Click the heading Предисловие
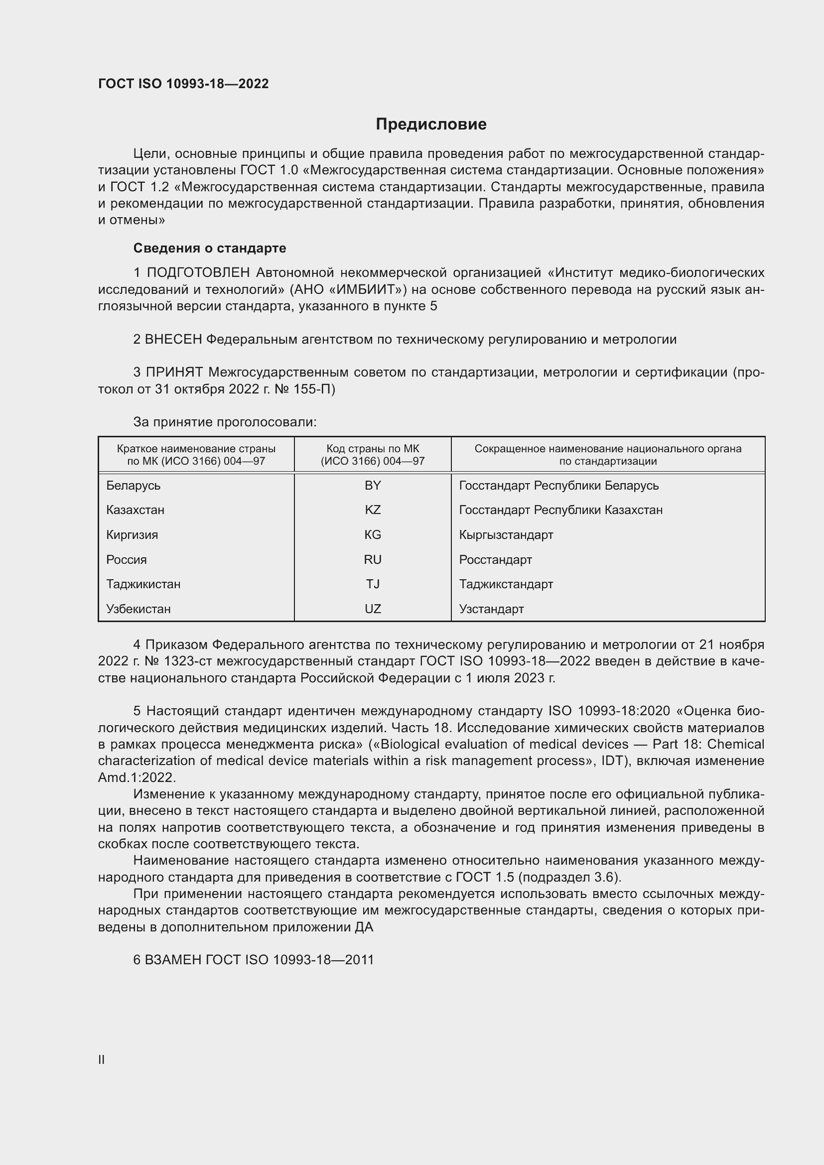(431, 125)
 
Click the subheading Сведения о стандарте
(210, 248)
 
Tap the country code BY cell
(373, 486)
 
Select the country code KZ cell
(373, 510)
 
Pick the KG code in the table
(373, 535)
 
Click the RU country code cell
(373, 560)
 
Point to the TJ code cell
(373, 584)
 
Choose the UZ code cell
(373, 609)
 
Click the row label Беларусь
(133, 486)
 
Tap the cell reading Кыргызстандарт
(506, 535)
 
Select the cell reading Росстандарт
(495, 560)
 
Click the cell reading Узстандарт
(491, 609)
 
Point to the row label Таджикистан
(143, 584)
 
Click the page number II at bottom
(102, 1059)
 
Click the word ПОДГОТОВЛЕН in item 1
(198, 273)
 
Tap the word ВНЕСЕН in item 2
(173, 340)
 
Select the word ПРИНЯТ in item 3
(174, 373)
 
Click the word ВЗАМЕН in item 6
(173, 960)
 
